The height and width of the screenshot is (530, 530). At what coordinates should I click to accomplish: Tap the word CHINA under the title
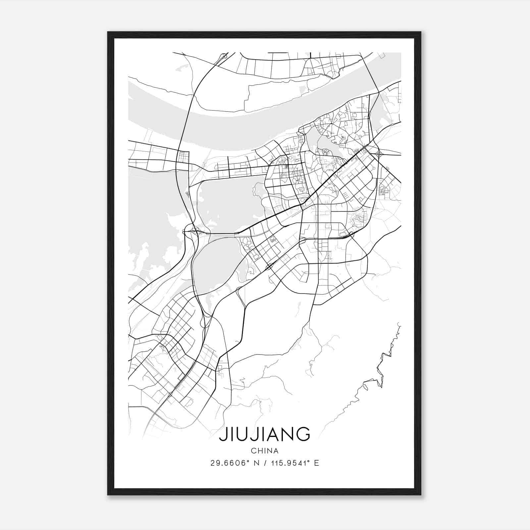(x=264, y=451)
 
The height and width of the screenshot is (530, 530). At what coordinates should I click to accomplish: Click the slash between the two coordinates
(x=265, y=463)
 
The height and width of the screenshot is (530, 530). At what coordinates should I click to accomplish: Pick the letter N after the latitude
(x=255, y=463)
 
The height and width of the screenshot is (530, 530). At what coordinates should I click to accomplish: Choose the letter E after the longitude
(x=317, y=463)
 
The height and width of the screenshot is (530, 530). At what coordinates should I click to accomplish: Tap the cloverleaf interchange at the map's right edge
(x=380, y=154)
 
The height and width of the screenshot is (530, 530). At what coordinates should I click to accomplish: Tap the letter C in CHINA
(x=253, y=451)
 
